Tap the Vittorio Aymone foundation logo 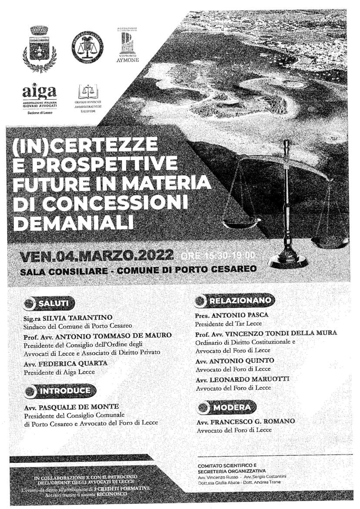[x=128, y=45]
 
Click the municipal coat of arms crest [x=39, y=48]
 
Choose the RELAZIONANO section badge [x=235, y=300]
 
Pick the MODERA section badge [x=226, y=408]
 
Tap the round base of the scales [x=288, y=262]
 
